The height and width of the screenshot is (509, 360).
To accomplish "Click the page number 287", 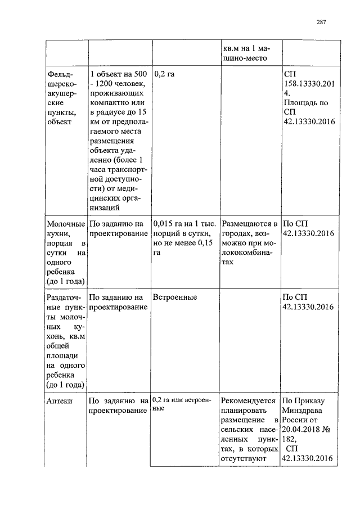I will tap(321, 22).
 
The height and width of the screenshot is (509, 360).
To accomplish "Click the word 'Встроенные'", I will tap(173, 296).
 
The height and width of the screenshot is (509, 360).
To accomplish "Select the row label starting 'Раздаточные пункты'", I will tap(65, 340).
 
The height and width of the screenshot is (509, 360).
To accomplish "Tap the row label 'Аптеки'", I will tap(60, 401).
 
